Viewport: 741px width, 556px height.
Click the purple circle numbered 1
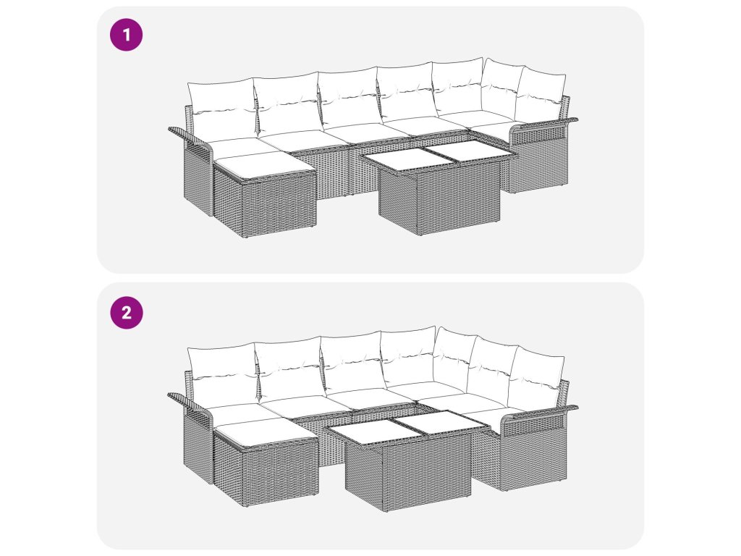[x=126, y=35]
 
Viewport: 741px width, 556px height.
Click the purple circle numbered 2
[x=126, y=313]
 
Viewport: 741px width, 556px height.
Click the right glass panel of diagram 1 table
[x=468, y=153]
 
